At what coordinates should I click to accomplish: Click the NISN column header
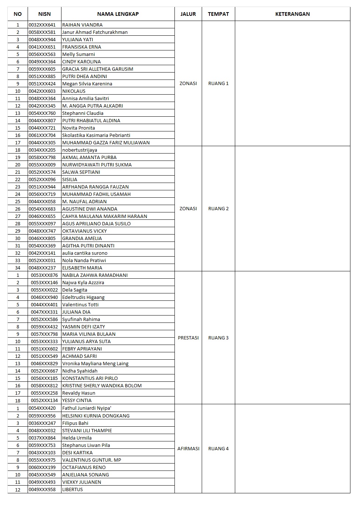(x=44, y=14)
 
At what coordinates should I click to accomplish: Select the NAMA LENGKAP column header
(x=118, y=14)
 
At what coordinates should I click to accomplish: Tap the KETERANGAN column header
(x=292, y=14)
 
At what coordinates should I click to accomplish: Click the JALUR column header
(x=188, y=14)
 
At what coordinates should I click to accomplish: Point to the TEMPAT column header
(x=218, y=14)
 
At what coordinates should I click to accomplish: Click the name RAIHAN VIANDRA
(x=82, y=25)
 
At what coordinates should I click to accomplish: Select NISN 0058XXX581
(x=42, y=32)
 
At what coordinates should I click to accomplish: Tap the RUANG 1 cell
(x=218, y=84)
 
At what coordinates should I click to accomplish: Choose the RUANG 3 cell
(x=218, y=338)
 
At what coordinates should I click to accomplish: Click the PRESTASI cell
(x=188, y=338)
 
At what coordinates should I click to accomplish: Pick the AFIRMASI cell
(x=188, y=448)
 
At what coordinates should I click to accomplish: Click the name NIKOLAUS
(x=74, y=91)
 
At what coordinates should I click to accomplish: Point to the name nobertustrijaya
(x=80, y=150)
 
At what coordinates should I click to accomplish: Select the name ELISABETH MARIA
(x=82, y=268)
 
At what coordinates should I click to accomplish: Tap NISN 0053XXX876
(x=44, y=275)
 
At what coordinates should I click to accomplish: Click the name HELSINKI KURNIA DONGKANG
(x=96, y=416)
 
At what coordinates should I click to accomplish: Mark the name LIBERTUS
(x=73, y=489)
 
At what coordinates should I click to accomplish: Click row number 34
(x=18, y=268)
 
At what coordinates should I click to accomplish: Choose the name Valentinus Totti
(x=80, y=305)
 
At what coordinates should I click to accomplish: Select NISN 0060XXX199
(x=42, y=467)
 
